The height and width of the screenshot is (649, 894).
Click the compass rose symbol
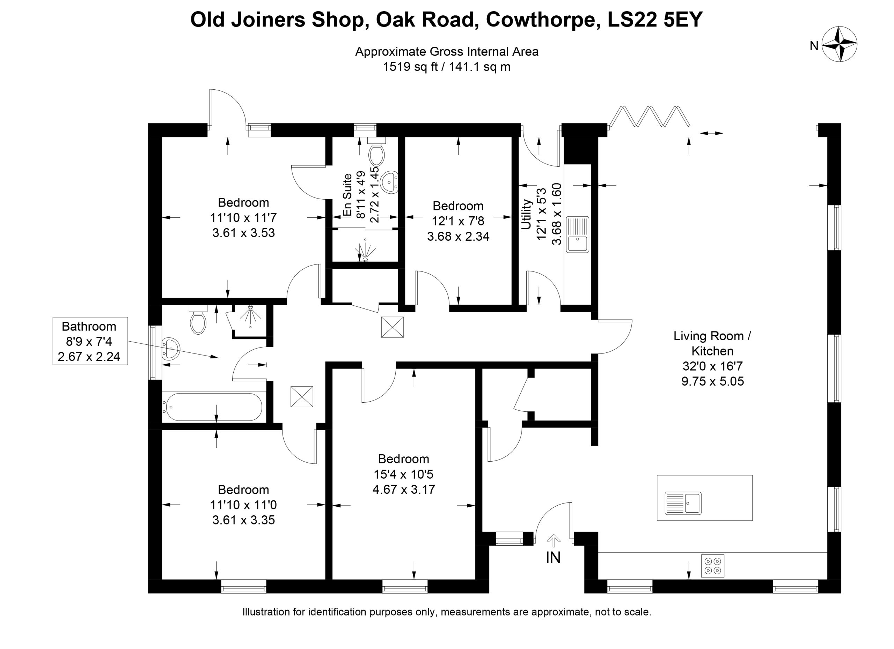[840, 44]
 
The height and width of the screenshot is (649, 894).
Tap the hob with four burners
[713, 566]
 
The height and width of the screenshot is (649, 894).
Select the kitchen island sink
[683, 503]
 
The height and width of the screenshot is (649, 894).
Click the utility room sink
[578, 234]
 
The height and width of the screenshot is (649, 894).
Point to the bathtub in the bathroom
[214, 407]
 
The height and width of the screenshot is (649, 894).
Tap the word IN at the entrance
[553, 557]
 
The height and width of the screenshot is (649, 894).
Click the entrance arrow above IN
[554, 541]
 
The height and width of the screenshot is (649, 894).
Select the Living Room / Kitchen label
[712, 343]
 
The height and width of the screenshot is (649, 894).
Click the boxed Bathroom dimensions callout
[90, 341]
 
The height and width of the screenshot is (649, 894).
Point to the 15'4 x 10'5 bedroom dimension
[404, 474]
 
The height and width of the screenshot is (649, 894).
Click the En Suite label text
[347, 195]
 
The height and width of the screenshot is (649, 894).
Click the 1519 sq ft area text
[410, 67]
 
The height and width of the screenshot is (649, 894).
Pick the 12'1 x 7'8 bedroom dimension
[458, 221]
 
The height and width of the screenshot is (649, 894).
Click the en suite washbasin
[390, 182]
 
